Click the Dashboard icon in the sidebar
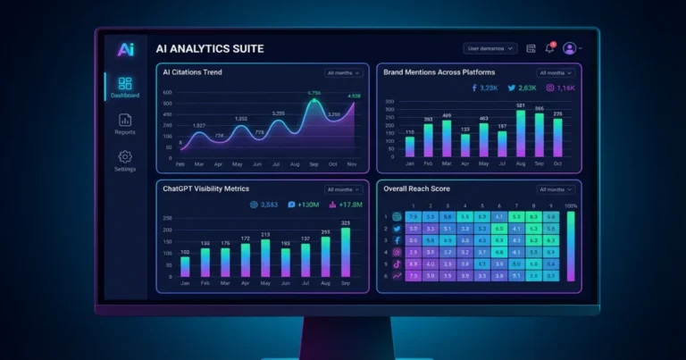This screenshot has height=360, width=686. pos(125,84)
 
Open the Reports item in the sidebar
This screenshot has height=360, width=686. pos(125,121)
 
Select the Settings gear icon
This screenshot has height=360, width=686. pos(125,157)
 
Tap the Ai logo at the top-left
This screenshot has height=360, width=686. pos(124,50)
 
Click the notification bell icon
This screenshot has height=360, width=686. pos(549,48)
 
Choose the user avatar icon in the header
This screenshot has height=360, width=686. pos(569,48)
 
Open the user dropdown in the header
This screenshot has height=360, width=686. pos(489,48)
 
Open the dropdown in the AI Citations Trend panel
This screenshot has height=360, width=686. pos(344,72)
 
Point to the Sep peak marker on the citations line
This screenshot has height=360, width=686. pos(314,101)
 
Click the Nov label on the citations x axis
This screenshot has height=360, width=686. pos(353,164)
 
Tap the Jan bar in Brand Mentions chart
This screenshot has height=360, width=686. pos(410,147)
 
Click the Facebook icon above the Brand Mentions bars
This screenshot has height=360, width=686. pos(474,88)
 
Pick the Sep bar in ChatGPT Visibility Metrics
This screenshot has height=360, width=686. pos(345,252)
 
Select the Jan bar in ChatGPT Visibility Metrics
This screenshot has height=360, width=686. pos(185,266)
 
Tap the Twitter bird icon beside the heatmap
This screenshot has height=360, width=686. pos(397,229)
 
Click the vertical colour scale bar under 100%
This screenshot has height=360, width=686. pos(572,247)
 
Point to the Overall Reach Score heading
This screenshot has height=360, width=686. pos(416,189)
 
